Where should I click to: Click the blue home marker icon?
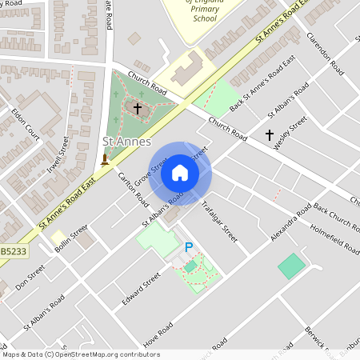click(180, 173)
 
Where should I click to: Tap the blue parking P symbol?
click(189, 248)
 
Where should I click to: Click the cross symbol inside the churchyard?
click(137, 107)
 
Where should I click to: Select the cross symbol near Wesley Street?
click(269, 135)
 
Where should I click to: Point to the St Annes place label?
click(127, 142)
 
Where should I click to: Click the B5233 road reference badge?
click(11, 252)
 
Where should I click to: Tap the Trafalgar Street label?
click(219, 221)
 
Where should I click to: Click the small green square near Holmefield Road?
click(292, 266)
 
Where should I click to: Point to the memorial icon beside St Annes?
click(104, 160)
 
